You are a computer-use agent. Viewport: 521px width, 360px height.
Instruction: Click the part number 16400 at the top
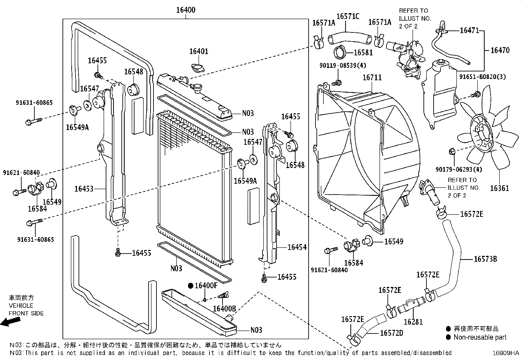pyautogui.click(x=186, y=10)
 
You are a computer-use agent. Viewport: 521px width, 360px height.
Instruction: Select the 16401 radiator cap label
pyautogui.click(x=199, y=51)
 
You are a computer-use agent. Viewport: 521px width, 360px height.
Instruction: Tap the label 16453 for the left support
pyautogui.click(x=84, y=189)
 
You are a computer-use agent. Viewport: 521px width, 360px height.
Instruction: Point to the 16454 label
pyautogui.click(x=297, y=247)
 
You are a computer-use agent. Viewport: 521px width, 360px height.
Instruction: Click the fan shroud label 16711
pyautogui.click(x=372, y=78)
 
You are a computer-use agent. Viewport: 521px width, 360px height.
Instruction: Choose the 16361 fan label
pyautogui.click(x=499, y=188)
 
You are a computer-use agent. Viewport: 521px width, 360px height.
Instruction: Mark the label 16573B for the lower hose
pyautogui.click(x=485, y=259)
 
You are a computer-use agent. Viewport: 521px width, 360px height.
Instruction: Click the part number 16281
pyautogui.click(x=413, y=322)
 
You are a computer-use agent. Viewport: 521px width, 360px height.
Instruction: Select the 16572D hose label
pyautogui.click(x=391, y=333)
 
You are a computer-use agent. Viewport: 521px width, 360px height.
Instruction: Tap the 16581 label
pyautogui.click(x=363, y=52)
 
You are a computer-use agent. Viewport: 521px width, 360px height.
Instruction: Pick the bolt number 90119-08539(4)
pyautogui.click(x=343, y=66)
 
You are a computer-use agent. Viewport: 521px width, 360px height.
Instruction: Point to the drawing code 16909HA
pyautogui.click(x=506, y=353)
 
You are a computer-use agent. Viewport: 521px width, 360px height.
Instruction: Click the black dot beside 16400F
pyautogui.click(x=191, y=286)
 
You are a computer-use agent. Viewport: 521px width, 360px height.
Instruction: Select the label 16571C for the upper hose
pyautogui.click(x=348, y=16)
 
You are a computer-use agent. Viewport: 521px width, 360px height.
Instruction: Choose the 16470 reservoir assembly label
pyautogui.click(x=500, y=50)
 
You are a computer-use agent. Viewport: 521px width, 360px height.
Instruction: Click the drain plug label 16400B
pyautogui.click(x=224, y=309)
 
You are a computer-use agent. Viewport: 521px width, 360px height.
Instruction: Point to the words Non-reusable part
pyautogui.click(x=480, y=337)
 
